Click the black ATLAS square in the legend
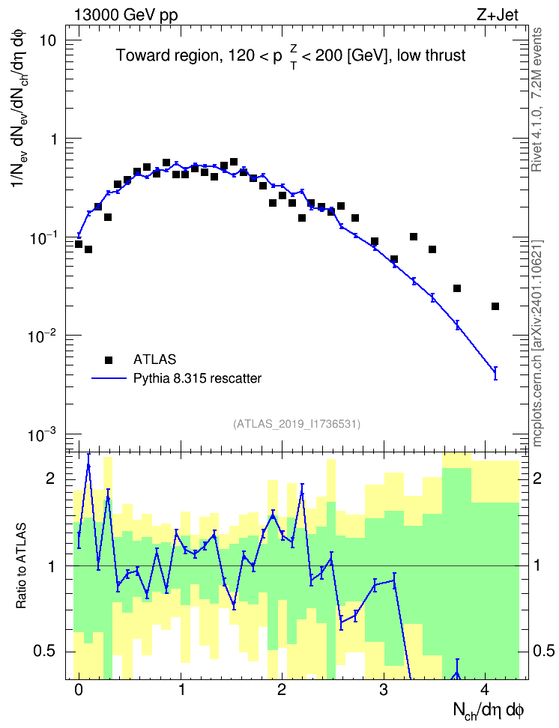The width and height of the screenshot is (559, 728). pyautogui.click(x=109, y=360)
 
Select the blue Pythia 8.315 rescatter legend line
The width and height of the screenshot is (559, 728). pyautogui.click(x=109, y=378)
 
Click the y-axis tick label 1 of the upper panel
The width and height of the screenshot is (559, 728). pyautogui.click(x=52, y=139)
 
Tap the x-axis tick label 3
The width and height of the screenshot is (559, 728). pyautogui.click(x=384, y=689)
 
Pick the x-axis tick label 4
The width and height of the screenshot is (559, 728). pyautogui.click(x=485, y=689)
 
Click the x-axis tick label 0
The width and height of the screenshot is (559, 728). pyautogui.click(x=79, y=689)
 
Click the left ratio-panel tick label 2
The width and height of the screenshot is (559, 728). pyautogui.click(x=51, y=479)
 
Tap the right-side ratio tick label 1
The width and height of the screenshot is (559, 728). pyautogui.click(x=537, y=565)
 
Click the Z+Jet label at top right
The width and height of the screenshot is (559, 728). pyautogui.click(x=497, y=15)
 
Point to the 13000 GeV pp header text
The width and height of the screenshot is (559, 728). pyautogui.click(x=125, y=15)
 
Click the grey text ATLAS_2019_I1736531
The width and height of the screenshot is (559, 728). pyautogui.click(x=297, y=424)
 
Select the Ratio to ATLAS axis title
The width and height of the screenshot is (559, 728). pyautogui.click(x=21, y=566)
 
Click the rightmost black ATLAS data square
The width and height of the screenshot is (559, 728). pyautogui.click(x=495, y=306)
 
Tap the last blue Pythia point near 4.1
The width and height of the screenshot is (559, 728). pyautogui.click(x=495, y=372)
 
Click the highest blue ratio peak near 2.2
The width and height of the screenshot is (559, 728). pyautogui.click(x=302, y=491)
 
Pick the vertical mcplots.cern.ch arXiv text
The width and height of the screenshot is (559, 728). pyautogui.click(x=537, y=343)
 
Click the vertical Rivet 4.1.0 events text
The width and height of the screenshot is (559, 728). pyautogui.click(x=537, y=100)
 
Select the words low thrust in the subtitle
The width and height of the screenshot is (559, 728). pyautogui.click(x=431, y=55)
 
